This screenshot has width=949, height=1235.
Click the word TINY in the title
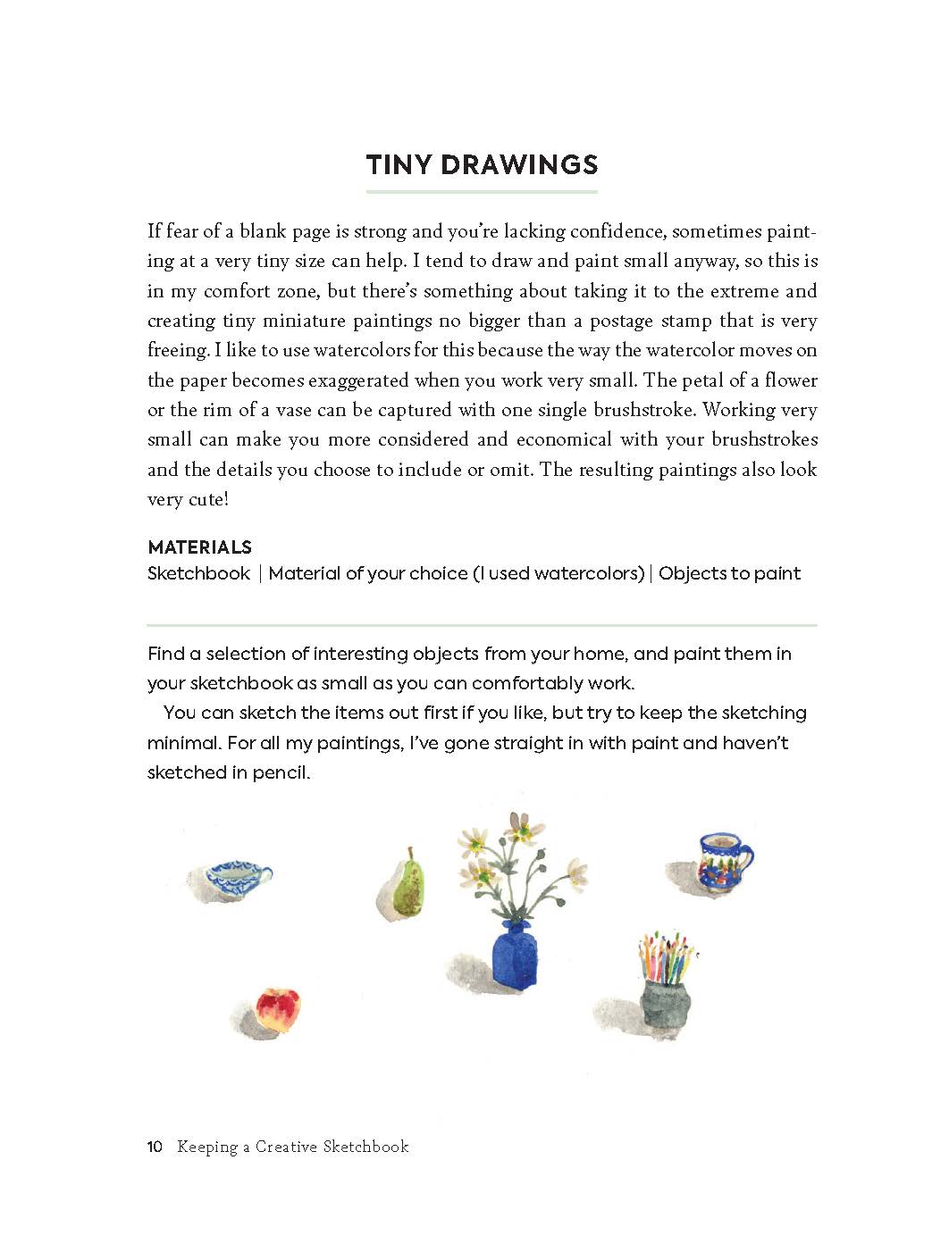[x=399, y=164]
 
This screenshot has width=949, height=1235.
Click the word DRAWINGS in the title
[x=518, y=164]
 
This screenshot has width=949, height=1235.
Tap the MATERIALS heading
[x=199, y=547]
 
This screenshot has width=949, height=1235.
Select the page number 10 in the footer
[x=155, y=1147]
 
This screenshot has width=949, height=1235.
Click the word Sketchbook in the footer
[x=365, y=1147]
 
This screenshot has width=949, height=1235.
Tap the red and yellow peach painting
[x=278, y=1009]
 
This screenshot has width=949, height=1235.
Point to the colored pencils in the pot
[x=667, y=955]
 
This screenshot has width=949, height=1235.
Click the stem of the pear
[x=410, y=854]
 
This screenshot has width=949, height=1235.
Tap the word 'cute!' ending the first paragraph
[x=207, y=499]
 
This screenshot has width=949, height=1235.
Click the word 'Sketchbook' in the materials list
[x=198, y=573]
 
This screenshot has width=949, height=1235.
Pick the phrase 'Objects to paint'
[x=729, y=573]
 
